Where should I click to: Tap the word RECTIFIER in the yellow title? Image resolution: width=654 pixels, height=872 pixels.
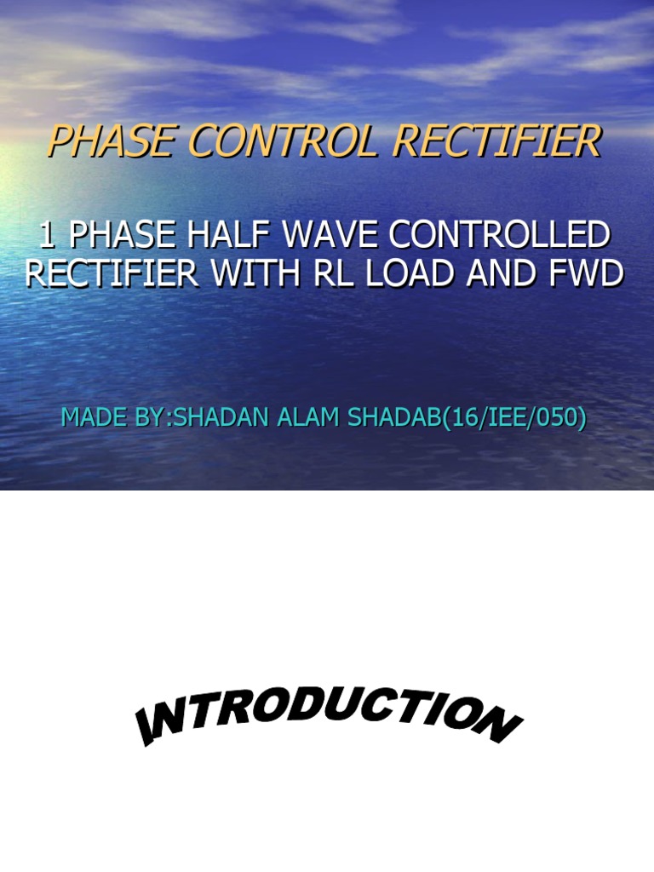click(x=496, y=141)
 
